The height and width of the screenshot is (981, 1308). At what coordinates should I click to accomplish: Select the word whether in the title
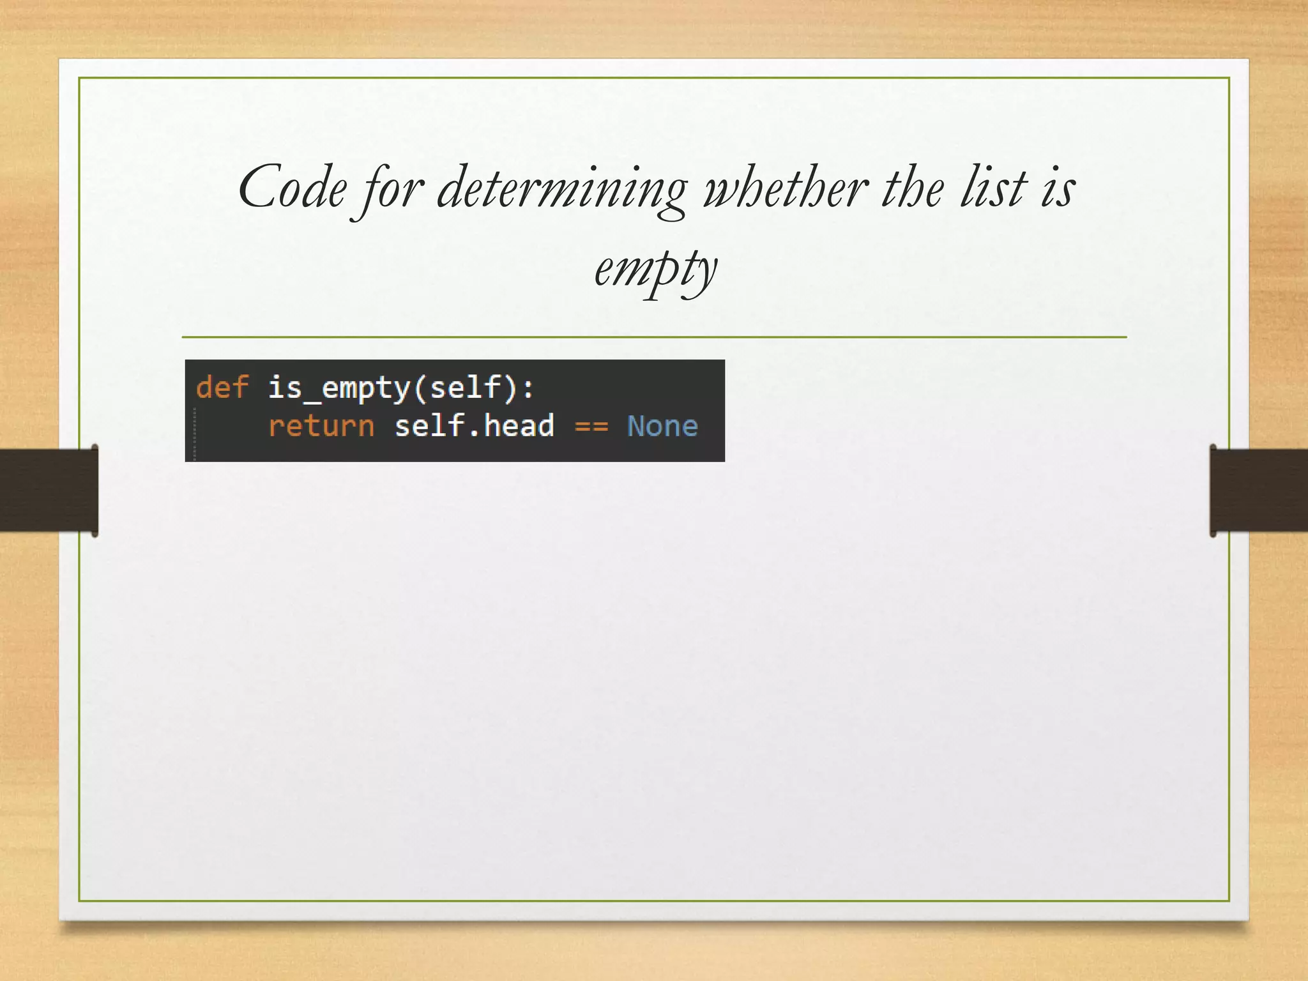click(786, 188)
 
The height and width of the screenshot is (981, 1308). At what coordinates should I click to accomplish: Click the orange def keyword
click(222, 388)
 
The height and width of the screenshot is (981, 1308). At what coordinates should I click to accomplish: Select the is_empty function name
click(338, 388)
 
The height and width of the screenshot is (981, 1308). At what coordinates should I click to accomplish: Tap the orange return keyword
click(321, 426)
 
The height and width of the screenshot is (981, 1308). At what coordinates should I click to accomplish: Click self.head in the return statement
click(474, 426)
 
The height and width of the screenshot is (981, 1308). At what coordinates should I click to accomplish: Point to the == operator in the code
click(591, 426)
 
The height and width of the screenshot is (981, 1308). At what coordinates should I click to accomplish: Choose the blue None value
click(662, 426)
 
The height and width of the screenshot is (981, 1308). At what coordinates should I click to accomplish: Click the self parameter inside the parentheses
click(465, 388)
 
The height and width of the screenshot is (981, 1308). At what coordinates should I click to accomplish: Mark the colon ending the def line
click(528, 388)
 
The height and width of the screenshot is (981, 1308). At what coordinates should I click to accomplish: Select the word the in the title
click(912, 188)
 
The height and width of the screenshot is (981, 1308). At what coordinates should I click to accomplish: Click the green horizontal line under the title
click(654, 337)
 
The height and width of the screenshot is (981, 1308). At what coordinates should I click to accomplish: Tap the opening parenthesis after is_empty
click(420, 388)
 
